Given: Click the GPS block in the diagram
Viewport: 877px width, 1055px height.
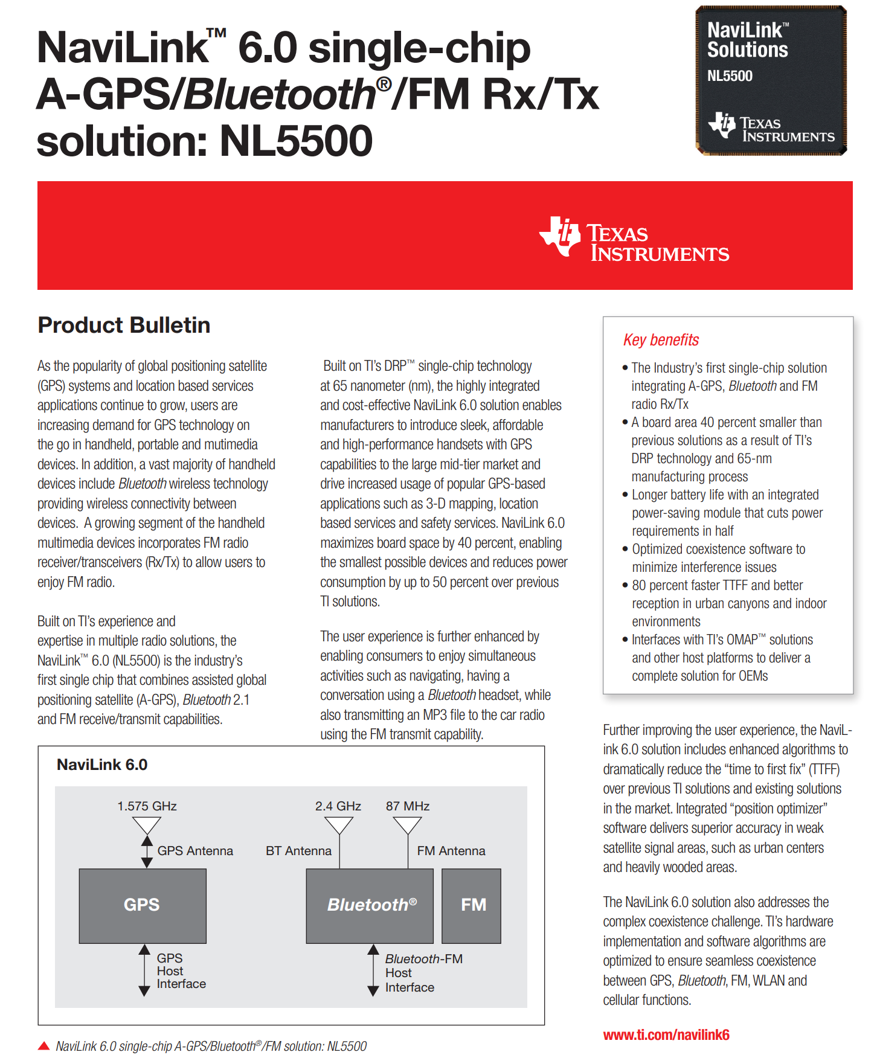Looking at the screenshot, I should coord(143,905).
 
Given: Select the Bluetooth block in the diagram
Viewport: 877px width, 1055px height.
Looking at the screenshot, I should coord(370,905).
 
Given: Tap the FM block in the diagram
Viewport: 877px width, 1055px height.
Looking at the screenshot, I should coord(472,905).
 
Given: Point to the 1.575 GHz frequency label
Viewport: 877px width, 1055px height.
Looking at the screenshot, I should coord(147,806).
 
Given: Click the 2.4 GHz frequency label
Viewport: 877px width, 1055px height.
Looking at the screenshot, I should coord(338,806).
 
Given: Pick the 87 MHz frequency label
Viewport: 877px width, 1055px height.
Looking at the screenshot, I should coord(408,806).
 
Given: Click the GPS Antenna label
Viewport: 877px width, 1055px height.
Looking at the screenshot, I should coord(195,851).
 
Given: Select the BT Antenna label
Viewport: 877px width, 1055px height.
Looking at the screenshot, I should coord(298,851).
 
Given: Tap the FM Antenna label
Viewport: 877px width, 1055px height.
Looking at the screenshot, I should coord(451,851).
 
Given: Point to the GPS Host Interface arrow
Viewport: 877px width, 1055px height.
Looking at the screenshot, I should coord(144,970).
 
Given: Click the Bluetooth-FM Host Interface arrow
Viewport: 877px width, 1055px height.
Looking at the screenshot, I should coord(373,970).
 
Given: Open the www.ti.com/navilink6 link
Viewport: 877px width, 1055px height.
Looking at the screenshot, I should coord(666,1035).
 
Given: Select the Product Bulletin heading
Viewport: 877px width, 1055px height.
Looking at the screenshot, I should coord(124,325).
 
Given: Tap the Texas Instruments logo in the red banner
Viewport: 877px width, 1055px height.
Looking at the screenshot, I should coord(634,240).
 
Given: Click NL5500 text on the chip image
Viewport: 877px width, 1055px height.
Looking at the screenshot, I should coord(730,76).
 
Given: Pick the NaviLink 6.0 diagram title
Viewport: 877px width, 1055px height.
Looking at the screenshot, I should coord(102,765).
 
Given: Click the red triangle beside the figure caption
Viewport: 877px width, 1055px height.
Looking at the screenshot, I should coord(43,1046).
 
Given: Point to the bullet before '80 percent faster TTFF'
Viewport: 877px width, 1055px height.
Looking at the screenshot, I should coord(625,585).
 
